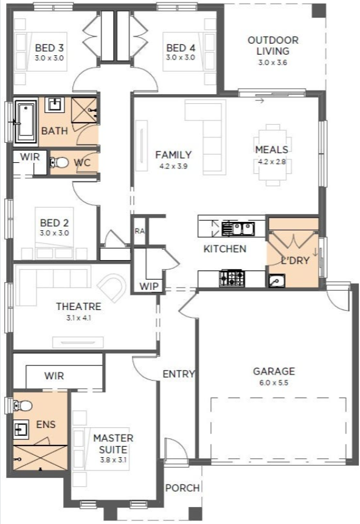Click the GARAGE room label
274,371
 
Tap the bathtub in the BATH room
26,122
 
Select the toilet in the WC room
59,163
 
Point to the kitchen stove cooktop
232,278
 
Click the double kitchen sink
238,229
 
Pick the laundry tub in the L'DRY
277,281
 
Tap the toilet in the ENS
22,405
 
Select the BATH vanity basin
55,105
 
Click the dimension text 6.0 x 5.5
274,382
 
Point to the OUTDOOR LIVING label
273,46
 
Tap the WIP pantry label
149,286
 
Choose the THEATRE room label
78,306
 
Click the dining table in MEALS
272,155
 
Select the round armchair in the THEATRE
112,288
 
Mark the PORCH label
182,488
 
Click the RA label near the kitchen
140,231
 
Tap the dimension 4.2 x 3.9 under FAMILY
173,166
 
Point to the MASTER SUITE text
113,444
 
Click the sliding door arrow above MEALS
260,100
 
